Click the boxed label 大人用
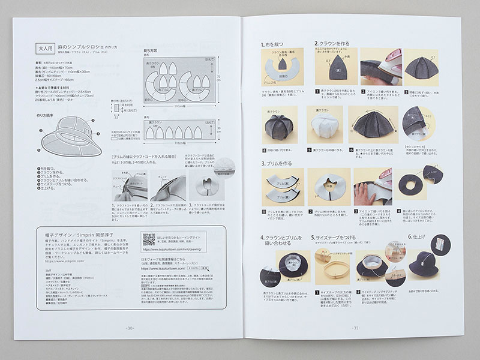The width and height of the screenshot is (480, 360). (46, 50)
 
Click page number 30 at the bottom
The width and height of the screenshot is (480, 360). (129, 328)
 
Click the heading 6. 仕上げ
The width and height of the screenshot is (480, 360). (419, 237)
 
